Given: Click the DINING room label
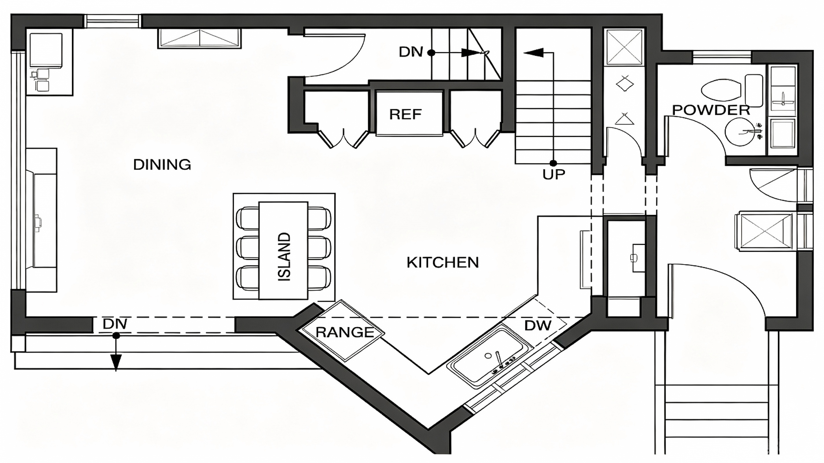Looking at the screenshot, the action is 162,165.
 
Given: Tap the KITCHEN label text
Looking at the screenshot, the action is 443,263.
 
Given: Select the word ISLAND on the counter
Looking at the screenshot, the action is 284,257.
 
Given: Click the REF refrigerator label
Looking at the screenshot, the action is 406,114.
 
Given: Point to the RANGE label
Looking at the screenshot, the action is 345,332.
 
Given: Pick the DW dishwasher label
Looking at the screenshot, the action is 538,326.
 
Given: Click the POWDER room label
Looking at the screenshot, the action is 711,110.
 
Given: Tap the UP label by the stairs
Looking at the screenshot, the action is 554,174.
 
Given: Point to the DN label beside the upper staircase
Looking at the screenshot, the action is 411,52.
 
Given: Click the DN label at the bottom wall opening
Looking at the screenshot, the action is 115,324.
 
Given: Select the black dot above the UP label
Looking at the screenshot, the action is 553,163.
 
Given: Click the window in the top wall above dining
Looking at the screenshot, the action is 112,21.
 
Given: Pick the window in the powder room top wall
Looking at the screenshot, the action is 722,57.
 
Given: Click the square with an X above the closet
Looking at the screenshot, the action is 624,47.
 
